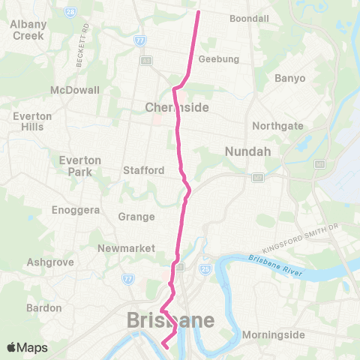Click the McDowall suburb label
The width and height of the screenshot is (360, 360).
point(74,90)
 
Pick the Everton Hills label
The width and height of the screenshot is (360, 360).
point(32,121)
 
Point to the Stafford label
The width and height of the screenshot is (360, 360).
point(143,170)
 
